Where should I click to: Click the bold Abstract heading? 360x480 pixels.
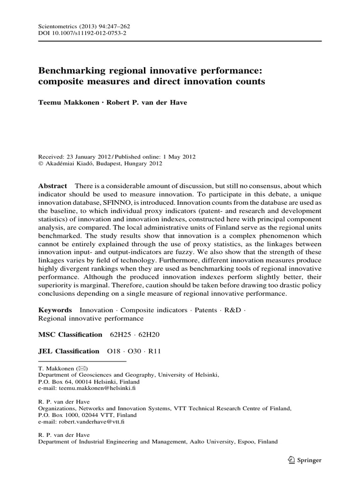52,187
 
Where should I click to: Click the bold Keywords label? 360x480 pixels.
54,310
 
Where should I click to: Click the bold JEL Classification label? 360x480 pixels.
68,351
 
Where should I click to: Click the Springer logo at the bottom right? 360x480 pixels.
305,461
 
